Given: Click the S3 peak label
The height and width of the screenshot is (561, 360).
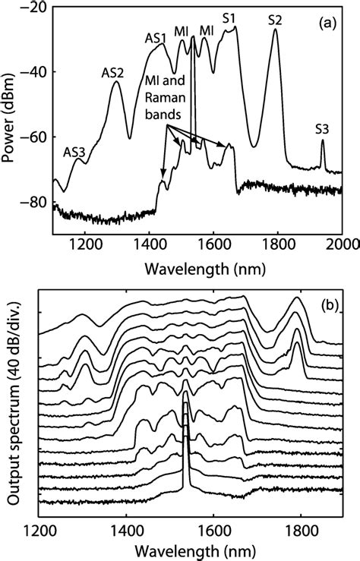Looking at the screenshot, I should tap(322, 129).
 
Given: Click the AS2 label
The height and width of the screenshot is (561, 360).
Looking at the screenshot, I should tap(113, 73).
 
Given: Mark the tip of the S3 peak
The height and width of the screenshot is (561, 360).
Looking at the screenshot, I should tap(322, 140).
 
